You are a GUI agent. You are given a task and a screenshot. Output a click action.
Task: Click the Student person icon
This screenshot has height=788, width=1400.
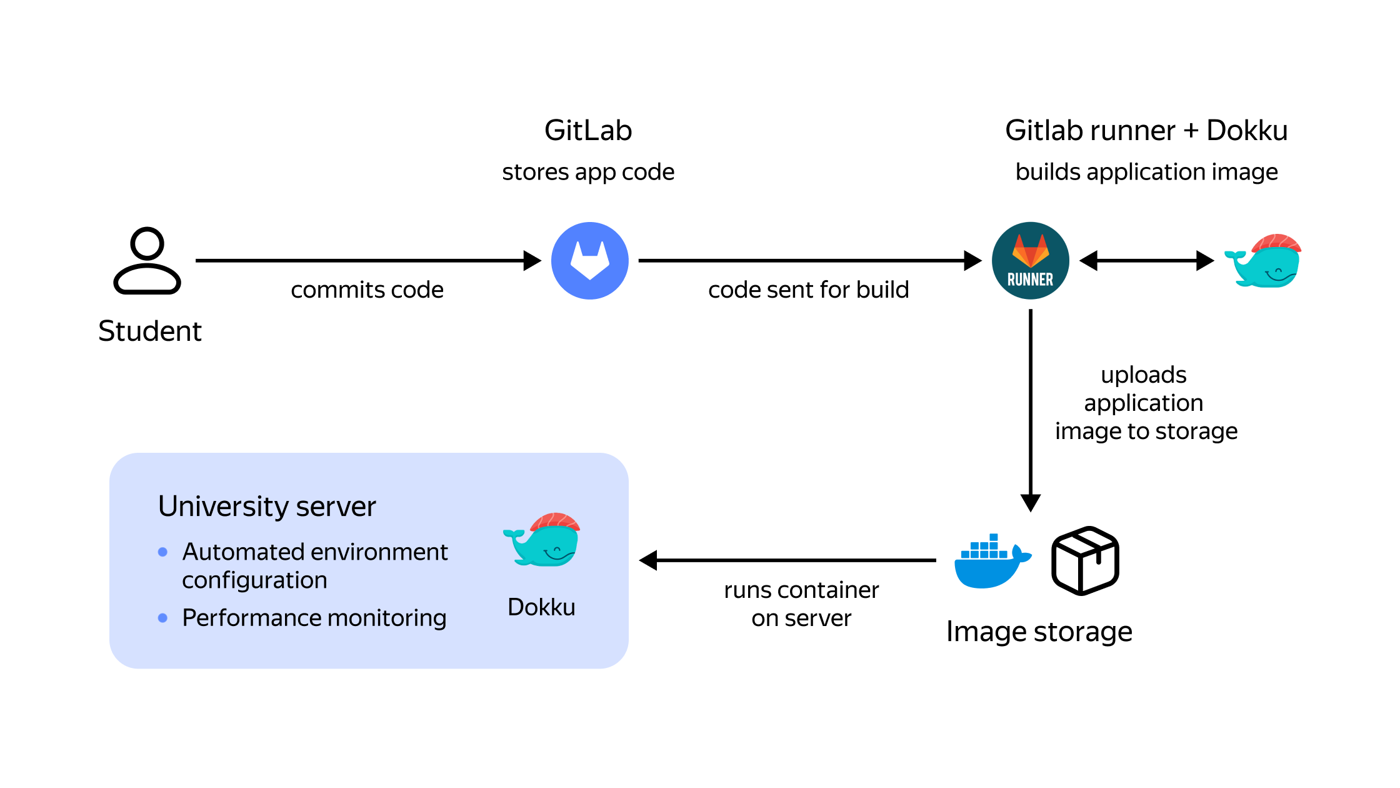tap(147, 261)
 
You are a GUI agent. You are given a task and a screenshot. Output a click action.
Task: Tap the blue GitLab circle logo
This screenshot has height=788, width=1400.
tap(589, 261)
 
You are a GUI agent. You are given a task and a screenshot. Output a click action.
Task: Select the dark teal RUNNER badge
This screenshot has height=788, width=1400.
tap(1030, 261)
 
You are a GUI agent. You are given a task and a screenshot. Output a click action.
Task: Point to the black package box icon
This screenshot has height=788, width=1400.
tap(1085, 560)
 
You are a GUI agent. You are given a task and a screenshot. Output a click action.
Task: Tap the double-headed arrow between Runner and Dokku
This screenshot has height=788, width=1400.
tap(1146, 261)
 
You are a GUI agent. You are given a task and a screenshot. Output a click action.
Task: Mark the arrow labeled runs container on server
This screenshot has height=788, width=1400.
tap(787, 560)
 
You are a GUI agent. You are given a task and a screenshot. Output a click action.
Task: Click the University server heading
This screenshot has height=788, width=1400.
tap(267, 507)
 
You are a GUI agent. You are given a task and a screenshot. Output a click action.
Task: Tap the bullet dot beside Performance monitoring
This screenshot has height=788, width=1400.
tap(162, 618)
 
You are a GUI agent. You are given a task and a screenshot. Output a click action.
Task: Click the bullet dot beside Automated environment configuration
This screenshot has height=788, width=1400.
tap(162, 552)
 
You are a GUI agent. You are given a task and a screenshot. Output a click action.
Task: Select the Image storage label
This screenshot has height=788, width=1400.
tap(1039, 632)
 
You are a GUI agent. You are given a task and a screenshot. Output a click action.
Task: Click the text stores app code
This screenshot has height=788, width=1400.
tap(588, 172)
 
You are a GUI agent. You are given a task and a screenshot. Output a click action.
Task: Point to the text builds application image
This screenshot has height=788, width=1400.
tap(1146, 172)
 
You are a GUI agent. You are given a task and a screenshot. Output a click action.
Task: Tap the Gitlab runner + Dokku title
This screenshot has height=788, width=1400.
tap(1146, 131)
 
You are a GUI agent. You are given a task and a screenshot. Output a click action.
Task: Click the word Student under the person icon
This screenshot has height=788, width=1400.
tap(150, 331)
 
